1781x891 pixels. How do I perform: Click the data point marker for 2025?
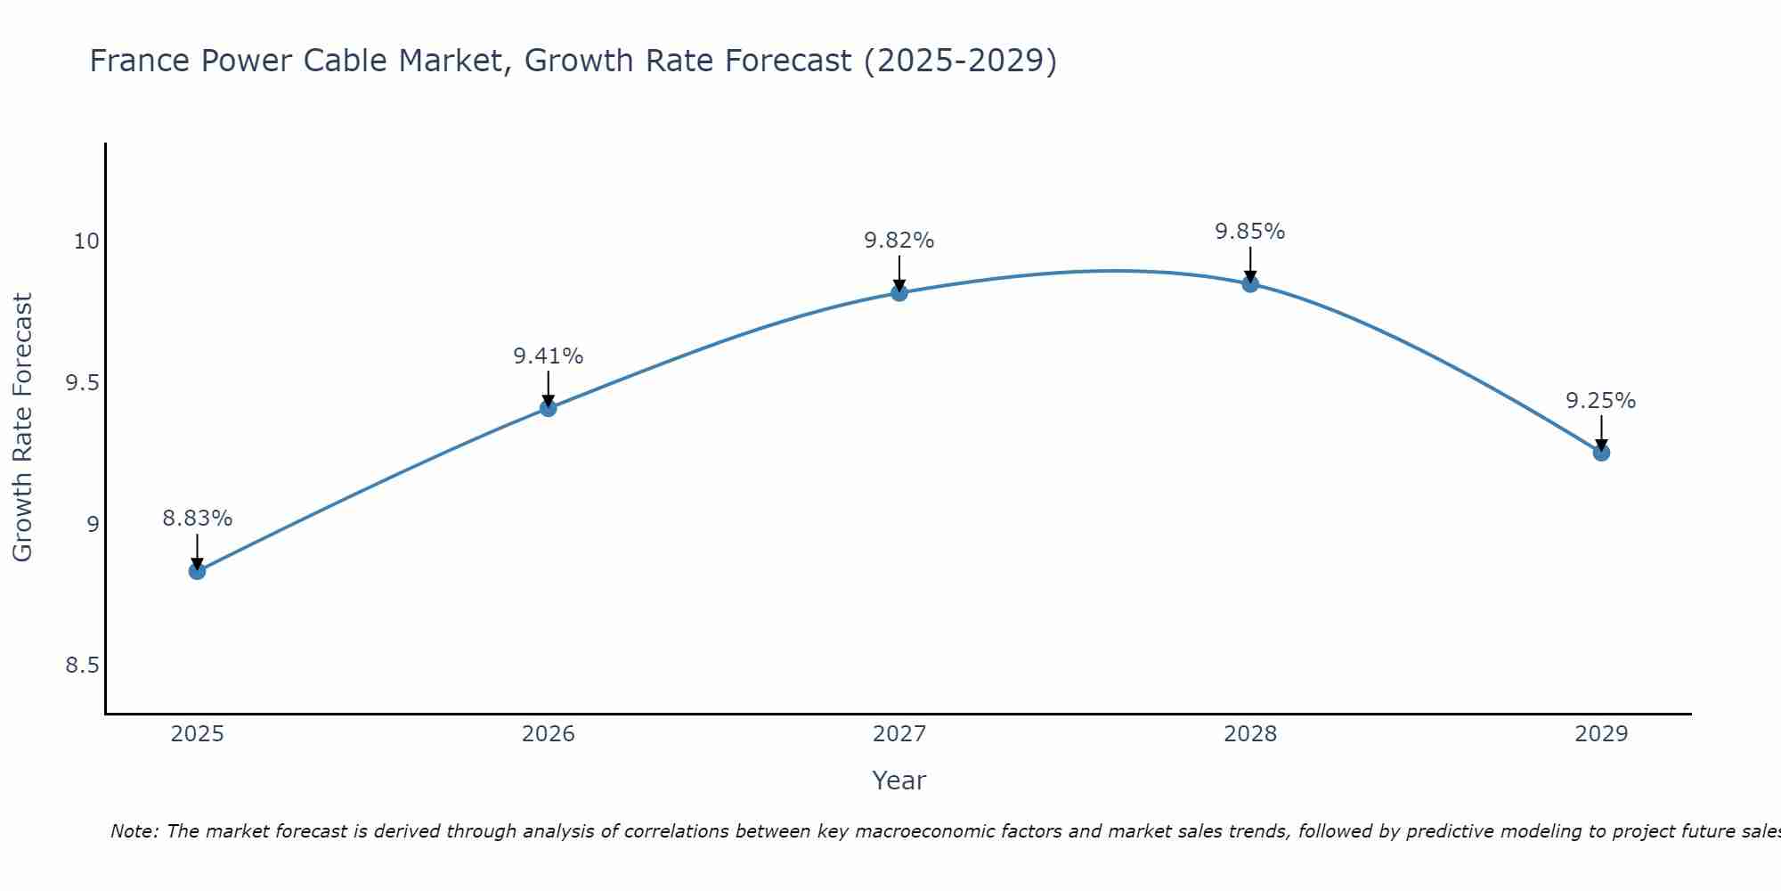coord(197,571)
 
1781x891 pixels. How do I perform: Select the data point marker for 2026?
coord(549,408)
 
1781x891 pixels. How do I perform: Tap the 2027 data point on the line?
coord(899,292)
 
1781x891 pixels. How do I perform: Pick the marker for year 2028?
coord(1250,284)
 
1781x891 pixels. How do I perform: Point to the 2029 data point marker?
coord(1601,453)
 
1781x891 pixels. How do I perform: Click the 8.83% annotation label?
coord(197,519)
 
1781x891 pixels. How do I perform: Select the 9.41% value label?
coord(549,356)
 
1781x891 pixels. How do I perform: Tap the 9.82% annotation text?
coord(899,241)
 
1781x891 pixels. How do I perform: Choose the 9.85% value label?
coord(1250,232)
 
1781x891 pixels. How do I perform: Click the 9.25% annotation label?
coord(1601,401)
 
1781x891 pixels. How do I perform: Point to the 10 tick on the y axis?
coord(86,241)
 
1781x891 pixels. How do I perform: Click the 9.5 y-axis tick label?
coord(81,383)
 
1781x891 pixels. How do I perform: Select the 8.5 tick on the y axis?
coord(81,666)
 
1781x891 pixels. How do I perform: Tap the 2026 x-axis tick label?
coord(549,734)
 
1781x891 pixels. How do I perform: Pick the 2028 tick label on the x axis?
coord(1250,734)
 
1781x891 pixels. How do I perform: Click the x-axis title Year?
coord(899,781)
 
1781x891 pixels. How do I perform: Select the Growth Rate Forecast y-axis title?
coord(22,428)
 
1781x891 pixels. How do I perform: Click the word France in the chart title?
coord(140,61)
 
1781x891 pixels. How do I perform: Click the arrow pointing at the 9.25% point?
coord(1601,433)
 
